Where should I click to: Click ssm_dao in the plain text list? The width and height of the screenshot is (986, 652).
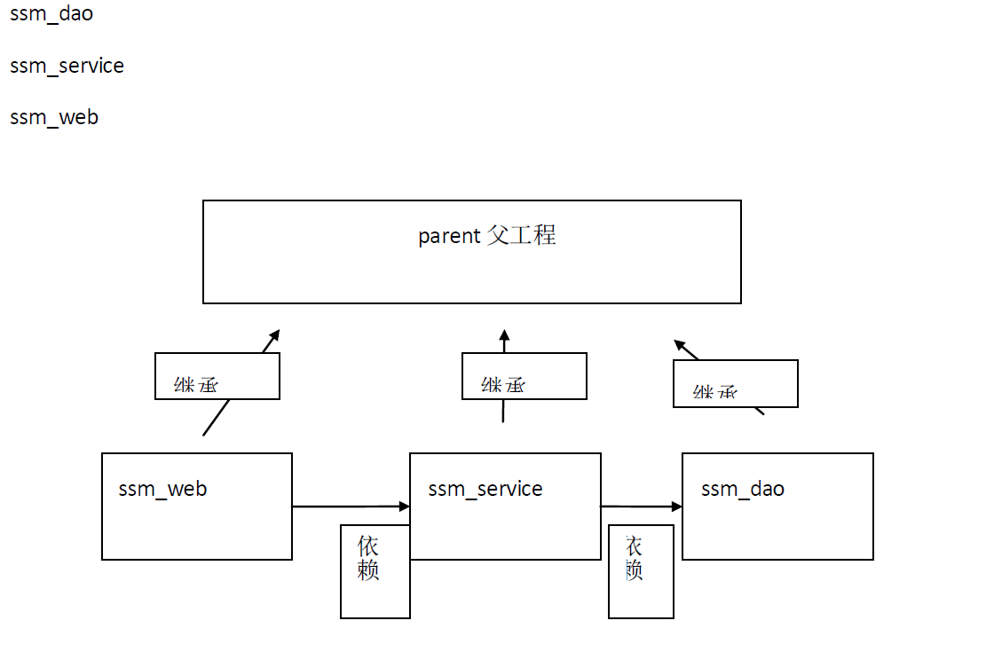point(51,14)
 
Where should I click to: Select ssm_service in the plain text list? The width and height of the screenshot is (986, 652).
point(67,66)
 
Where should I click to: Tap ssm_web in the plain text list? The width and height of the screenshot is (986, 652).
point(54,117)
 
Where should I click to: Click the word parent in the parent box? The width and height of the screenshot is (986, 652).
point(449,237)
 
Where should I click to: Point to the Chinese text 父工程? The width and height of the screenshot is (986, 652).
point(522,235)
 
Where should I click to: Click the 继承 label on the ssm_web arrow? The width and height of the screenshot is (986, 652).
point(196,385)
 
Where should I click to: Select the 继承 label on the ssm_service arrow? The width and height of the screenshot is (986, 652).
point(503,385)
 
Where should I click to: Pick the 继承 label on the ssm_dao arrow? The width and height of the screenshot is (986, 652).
point(715,392)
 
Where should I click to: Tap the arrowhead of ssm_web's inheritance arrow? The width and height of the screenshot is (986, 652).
point(275,335)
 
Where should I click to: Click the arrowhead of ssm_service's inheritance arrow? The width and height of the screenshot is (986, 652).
point(504,336)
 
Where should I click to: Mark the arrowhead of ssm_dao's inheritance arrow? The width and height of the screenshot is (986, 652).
point(680,345)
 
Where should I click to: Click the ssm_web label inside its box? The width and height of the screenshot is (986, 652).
point(162,489)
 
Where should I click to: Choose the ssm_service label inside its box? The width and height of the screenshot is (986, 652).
point(485,489)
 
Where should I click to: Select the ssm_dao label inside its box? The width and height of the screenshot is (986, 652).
point(743,489)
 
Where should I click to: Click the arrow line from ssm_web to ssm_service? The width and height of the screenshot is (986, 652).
point(346,507)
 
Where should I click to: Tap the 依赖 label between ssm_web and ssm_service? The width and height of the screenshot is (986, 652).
point(368,558)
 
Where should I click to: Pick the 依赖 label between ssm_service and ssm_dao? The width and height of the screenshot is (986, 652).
point(634,558)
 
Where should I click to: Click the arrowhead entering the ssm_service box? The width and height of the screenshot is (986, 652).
point(405,507)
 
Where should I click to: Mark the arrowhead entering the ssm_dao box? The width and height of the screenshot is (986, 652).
point(677,507)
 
